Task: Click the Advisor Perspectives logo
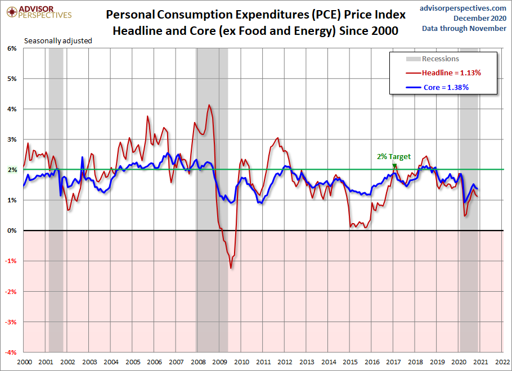pyautogui.click(x=39, y=12)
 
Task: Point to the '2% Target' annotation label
pyautogui.click(x=394, y=157)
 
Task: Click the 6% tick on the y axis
pyautogui.click(x=12, y=48)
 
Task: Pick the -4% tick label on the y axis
pyautogui.click(x=11, y=352)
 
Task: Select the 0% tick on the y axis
pyautogui.click(x=12, y=230)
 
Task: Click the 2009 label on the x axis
pyautogui.click(x=220, y=362)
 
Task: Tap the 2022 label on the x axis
pyautogui.click(x=502, y=362)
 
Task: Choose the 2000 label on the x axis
pyautogui.click(x=25, y=362)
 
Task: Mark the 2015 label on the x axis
pyautogui.click(x=350, y=362)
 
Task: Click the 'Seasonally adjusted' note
pyautogui.click(x=58, y=41)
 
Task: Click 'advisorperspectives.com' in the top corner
pyautogui.click(x=462, y=8)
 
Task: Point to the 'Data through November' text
pyautogui.click(x=464, y=29)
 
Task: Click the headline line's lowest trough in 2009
pyautogui.click(x=231, y=268)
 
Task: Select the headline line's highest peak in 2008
pyautogui.click(x=209, y=105)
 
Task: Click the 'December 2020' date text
pyautogui.click(x=480, y=19)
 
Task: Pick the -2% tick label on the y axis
pyautogui.click(x=11, y=292)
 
